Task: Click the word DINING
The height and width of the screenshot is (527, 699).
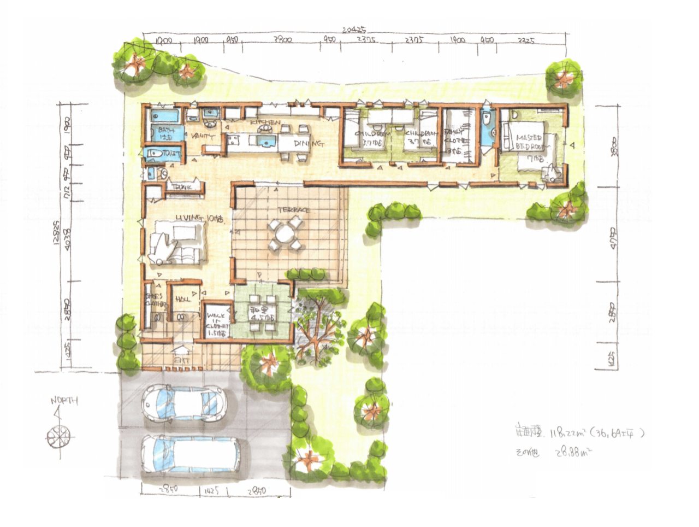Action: pyautogui.click(x=309, y=143)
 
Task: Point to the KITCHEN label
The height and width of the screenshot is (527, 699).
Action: pyautogui.click(x=265, y=122)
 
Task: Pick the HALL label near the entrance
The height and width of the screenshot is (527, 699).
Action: pyautogui.click(x=182, y=299)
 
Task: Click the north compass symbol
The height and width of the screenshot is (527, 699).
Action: pyautogui.click(x=58, y=436)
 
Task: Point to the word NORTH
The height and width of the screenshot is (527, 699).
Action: pyautogui.click(x=64, y=401)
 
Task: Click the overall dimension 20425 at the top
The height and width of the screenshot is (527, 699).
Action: pyautogui.click(x=353, y=30)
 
